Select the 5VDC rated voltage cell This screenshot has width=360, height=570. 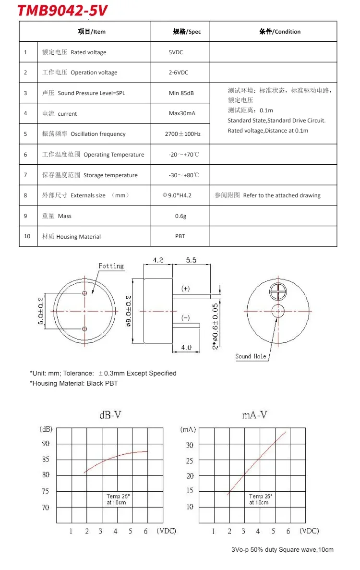tap(176, 52)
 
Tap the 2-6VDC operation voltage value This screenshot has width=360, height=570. tap(178, 73)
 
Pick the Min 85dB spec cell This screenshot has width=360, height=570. tap(181, 93)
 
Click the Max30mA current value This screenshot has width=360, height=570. tap(182, 114)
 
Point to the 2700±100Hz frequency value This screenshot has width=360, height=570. tap(182, 134)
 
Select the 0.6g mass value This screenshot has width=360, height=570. tap(180, 216)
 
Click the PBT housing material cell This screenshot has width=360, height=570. tap(180, 236)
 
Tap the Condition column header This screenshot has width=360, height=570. tap(280, 32)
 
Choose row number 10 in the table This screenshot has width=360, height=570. tap(27, 236)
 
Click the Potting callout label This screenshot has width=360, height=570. tap(111, 266)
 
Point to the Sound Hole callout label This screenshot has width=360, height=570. tap(250, 356)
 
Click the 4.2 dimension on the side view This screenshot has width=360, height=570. tap(158, 260)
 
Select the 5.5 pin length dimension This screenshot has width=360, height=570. tap(191, 260)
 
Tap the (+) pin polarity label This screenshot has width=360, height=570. tap(185, 289)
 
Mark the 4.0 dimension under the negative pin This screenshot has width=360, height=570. tap(186, 347)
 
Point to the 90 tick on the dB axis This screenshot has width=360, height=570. tap(46, 444)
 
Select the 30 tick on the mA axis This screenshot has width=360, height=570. tap(190, 445)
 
